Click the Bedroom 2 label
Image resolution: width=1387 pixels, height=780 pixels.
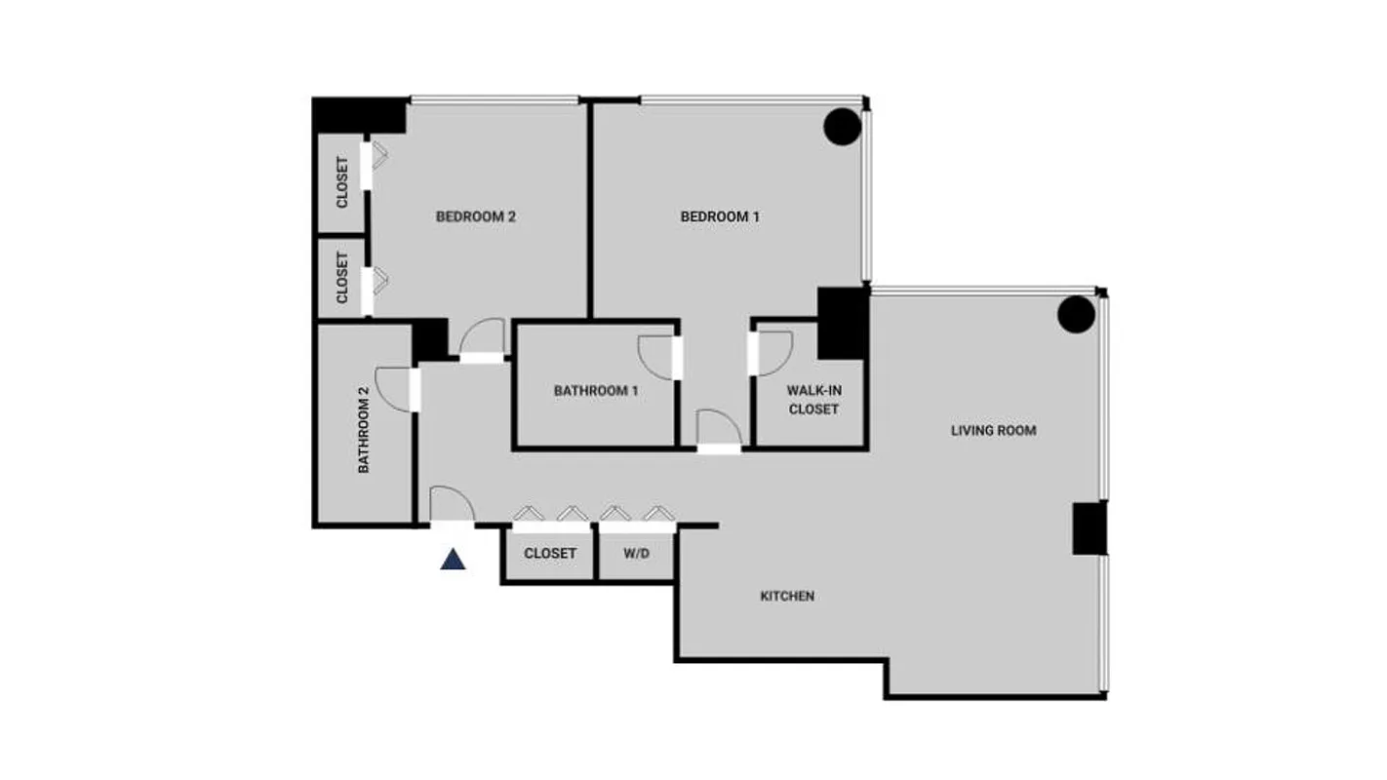tap(475, 216)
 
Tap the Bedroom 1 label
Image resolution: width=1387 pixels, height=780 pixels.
tap(720, 216)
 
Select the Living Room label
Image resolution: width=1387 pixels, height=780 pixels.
tap(993, 430)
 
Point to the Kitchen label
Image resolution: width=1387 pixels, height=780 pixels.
tap(787, 596)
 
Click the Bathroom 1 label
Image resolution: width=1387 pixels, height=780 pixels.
tap(596, 391)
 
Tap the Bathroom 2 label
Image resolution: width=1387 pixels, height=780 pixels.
tap(364, 430)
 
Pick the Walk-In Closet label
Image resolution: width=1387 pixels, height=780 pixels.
tap(813, 400)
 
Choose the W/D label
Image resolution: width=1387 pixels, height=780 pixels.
tap(636, 553)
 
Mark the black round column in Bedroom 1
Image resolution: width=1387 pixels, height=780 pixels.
tap(842, 127)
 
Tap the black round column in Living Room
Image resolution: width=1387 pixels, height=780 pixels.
tap(1077, 314)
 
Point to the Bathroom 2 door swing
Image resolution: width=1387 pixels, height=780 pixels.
tap(394, 388)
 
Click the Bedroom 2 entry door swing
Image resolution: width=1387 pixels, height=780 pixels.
tap(482, 337)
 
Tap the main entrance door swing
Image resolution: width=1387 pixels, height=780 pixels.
tap(452, 504)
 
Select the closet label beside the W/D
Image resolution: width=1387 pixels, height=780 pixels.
tap(550, 553)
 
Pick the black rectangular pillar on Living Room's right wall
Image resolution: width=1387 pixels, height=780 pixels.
tap(1090, 528)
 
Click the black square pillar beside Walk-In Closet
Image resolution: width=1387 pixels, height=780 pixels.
tap(843, 324)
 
